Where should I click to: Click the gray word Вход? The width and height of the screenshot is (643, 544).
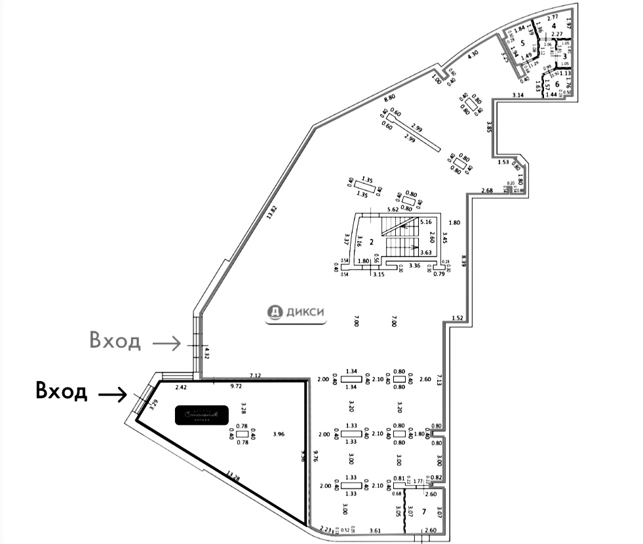coord(115,341)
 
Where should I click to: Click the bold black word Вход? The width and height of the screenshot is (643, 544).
coord(61,392)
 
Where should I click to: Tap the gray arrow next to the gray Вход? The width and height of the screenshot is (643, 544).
coord(168,342)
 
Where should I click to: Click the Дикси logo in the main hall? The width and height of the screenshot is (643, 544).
coord(296,314)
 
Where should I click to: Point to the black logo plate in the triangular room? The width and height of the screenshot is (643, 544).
coord(201,414)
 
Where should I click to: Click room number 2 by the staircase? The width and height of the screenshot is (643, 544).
coord(372,242)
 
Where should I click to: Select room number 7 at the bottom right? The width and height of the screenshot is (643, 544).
coord(424,511)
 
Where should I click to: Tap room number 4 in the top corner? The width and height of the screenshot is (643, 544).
coord(554,26)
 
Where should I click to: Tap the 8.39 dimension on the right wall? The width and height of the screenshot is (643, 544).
coord(463,260)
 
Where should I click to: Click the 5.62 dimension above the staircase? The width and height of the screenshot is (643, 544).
coord(393,209)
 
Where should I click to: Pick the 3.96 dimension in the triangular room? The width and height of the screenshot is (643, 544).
coord(279,434)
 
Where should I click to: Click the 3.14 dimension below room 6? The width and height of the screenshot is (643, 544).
coord(518,96)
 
